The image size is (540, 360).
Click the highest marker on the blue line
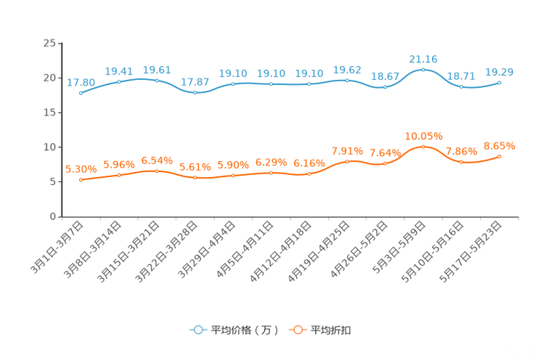423,69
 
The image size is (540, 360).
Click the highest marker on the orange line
423,146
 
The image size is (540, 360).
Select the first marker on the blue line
81,93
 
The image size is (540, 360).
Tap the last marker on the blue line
499,82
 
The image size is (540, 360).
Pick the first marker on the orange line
81,179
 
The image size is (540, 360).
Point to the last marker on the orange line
499,156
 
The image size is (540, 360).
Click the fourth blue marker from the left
195,92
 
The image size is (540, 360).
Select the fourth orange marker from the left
195,176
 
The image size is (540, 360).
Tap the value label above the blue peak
423,58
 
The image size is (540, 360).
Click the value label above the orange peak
423,136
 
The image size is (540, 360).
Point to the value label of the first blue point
81,82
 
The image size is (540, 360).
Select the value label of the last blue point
499,71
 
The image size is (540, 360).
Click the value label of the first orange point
81,168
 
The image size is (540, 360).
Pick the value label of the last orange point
499,146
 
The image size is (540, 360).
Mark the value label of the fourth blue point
195,81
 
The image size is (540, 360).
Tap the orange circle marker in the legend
297,330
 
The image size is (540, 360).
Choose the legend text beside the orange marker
332,330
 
